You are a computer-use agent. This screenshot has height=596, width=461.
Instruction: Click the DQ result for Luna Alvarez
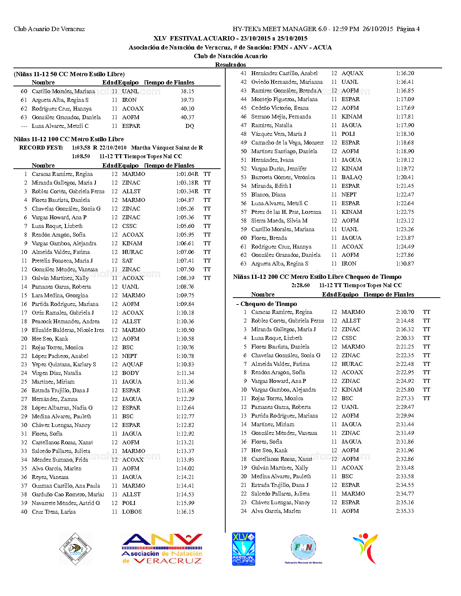(189, 126)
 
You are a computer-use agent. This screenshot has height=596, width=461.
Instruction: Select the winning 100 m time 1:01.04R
(187, 174)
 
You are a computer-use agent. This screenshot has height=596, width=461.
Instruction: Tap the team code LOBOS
(132, 512)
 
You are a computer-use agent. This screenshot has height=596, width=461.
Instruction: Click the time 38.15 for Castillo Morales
(187, 91)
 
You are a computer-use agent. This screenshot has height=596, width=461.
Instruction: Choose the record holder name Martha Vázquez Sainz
(167, 148)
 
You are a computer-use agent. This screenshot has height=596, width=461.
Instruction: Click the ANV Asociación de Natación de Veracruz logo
(162, 549)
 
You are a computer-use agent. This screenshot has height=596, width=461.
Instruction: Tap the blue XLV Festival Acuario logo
(243, 549)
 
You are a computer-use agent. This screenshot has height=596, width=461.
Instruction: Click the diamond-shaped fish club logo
(75, 549)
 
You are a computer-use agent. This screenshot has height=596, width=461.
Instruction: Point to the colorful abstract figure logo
(366, 548)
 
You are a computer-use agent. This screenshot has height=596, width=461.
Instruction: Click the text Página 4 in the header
(408, 29)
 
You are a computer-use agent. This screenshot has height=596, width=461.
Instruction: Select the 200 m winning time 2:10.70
(405, 312)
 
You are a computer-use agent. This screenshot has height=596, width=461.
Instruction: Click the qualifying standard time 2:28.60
(300, 285)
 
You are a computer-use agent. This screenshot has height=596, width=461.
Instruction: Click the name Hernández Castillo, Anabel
(284, 73)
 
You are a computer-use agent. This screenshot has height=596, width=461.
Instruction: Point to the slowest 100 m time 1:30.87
(405, 264)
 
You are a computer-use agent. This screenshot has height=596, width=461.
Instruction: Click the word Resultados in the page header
(230, 65)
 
